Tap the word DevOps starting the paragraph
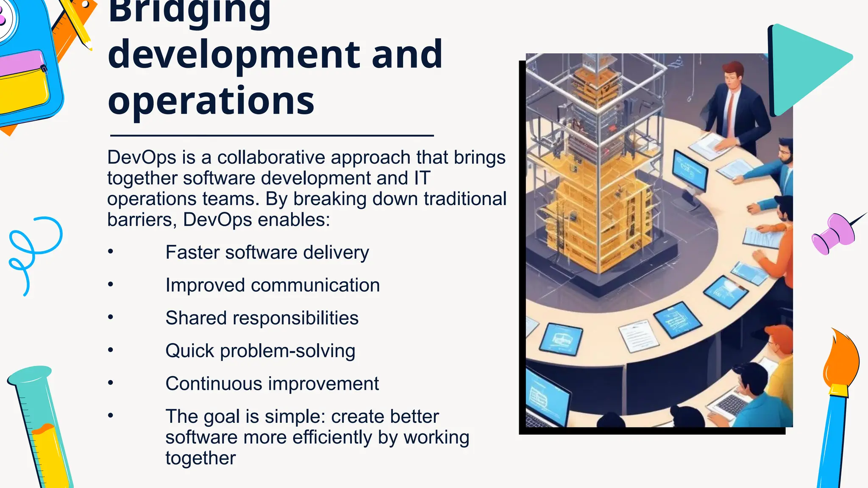point(142,158)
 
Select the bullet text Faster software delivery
point(267,252)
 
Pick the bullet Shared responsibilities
point(262,318)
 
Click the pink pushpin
point(833,233)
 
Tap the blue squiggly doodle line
point(34,250)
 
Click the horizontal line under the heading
point(271,136)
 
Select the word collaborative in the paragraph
point(273,158)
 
